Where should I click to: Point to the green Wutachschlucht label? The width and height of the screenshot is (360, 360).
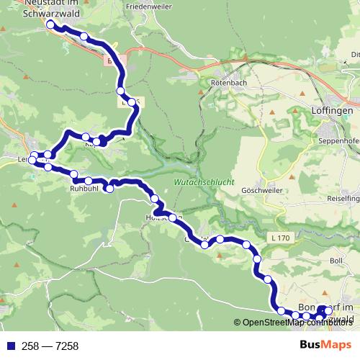[x=204, y=183]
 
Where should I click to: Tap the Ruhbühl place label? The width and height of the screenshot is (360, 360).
[x=84, y=189]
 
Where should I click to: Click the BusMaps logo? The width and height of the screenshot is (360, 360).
[x=326, y=346]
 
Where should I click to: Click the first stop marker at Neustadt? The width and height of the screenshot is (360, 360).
[x=50, y=24]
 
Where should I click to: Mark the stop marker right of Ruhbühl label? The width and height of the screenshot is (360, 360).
[x=109, y=189]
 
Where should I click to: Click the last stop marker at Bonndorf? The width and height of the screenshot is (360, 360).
[x=328, y=310]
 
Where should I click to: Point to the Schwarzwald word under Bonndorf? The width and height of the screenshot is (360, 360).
[x=337, y=318]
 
